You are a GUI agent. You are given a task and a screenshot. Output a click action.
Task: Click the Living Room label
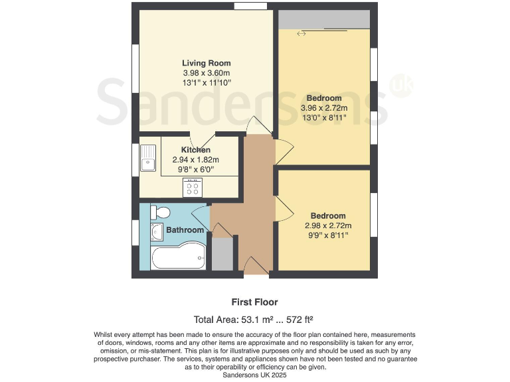[x=207, y=63]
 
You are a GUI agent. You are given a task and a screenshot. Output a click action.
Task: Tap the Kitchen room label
[x=196, y=150]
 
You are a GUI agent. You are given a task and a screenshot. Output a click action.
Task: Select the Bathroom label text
[x=185, y=230]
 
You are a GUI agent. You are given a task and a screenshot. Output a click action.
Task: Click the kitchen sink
[x=147, y=159]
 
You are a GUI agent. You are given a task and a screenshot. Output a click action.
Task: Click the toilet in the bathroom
[x=160, y=212]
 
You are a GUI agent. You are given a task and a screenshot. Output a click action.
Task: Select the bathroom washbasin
[x=157, y=232]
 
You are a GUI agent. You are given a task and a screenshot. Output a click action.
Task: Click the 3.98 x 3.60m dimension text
[x=207, y=73]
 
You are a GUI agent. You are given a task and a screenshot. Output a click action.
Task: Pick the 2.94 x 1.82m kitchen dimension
[x=196, y=160]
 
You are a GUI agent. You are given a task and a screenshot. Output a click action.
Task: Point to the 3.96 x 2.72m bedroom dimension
[x=324, y=109]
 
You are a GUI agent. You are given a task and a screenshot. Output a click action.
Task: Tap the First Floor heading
[x=255, y=302]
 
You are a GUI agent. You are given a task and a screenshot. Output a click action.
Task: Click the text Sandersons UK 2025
[x=255, y=375]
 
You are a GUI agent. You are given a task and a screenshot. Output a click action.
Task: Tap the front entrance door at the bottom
[x=252, y=266]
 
